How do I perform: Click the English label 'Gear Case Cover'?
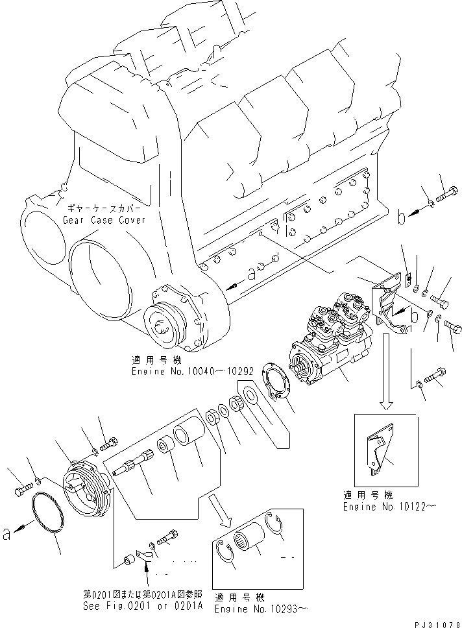(x=104, y=220)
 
